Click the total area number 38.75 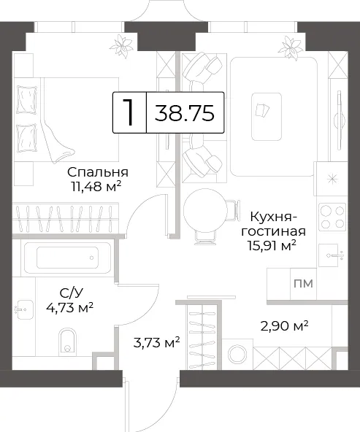[x=185, y=113]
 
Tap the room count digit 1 [x=128, y=112]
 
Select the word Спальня [x=98, y=172]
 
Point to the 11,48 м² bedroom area [x=96, y=187]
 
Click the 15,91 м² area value [x=272, y=245]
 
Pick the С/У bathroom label [x=71, y=293]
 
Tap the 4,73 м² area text [x=70, y=307]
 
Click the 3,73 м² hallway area [x=156, y=342]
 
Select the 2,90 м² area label [x=284, y=326]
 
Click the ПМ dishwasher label [x=303, y=283]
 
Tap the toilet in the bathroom [x=67, y=340]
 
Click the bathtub [x=67, y=258]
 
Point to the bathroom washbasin [x=23, y=309]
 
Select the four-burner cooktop [x=332, y=217]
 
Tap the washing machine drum [x=237, y=354]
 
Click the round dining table [x=206, y=211]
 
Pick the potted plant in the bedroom [x=121, y=46]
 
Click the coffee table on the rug [x=267, y=117]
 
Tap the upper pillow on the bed [x=27, y=99]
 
